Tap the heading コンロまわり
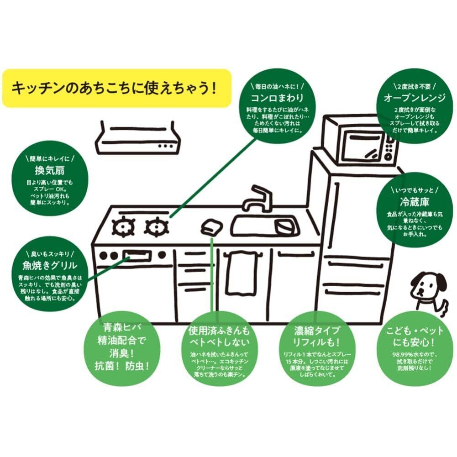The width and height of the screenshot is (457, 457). coord(277,98)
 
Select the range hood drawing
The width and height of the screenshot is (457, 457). coord(137,137)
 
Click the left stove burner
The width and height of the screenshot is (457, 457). coord(125,226)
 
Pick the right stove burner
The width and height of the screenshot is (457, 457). coord(157,226)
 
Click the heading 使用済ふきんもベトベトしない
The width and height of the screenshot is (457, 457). coord(219,336)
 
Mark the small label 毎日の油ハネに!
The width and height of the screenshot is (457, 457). coord(277,85)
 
